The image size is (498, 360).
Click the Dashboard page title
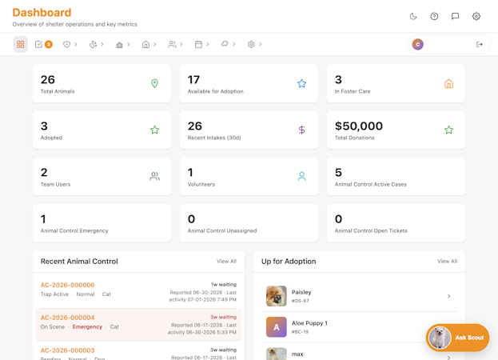(x=42, y=12)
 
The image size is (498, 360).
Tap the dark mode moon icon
(x=413, y=16)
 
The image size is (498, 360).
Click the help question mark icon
(x=434, y=16)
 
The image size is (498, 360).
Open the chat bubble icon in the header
(x=455, y=16)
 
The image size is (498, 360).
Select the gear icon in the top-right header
(x=476, y=16)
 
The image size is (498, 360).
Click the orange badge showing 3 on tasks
(x=49, y=44)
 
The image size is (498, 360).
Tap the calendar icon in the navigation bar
(x=198, y=44)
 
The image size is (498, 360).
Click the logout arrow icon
(x=480, y=44)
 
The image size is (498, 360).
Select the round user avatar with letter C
(x=417, y=44)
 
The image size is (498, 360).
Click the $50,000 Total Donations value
(x=359, y=126)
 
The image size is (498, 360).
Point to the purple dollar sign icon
(x=301, y=130)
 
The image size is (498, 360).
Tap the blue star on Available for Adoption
(x=301, y=83)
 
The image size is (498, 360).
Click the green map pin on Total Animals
(x=154, y=83)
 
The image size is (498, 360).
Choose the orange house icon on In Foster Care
(x=448, y=83)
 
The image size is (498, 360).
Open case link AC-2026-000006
(x=68, y=285)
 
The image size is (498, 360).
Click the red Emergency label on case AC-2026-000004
(x=87, y=326)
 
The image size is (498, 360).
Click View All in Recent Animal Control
(x=227, y=261)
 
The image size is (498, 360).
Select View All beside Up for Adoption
(x=448, y=261)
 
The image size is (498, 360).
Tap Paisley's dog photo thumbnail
(x=277, y=296)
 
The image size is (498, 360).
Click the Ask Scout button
(x=457, y=338)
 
